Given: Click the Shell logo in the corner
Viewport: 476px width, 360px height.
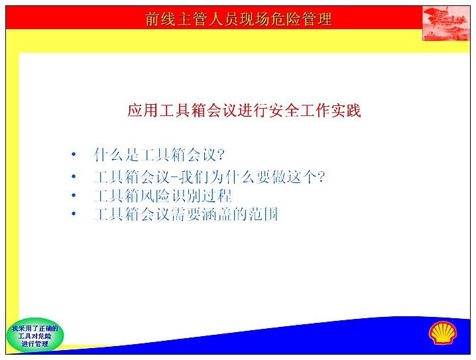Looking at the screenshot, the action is pyautogui.click(x=443, y=333).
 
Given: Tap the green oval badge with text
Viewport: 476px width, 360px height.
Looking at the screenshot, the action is pyautogui.click(x=35, y=335).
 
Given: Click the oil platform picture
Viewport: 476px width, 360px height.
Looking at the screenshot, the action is pyautogui.click(x=446, y=23).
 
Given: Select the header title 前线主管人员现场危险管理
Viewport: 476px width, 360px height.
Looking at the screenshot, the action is pyautogui.click(x=238, y=19).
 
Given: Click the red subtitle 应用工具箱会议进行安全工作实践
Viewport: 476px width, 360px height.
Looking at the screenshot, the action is pyautogui.click(x=244, y=110).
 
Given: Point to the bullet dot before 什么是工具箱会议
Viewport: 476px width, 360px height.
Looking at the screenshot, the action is pyautogui.click(x=74, y=154).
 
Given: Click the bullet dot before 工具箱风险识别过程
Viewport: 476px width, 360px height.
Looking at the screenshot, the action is pyautogui.click(x=74, y=195).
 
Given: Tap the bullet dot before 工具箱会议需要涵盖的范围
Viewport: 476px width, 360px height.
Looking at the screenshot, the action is pyautogui.click(x=74, y=213).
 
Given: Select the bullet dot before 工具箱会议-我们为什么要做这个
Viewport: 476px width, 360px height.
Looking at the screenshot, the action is pyautogui.click(x=74, y=176).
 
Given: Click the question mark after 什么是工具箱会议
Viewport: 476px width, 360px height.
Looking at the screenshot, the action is pyautogui.click(x=221, y=154).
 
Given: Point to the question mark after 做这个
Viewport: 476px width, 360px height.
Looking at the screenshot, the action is pyautogui.click(x=321, y=176).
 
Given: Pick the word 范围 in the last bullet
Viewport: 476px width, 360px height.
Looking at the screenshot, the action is pyautogui.click(x=263, y=214).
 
